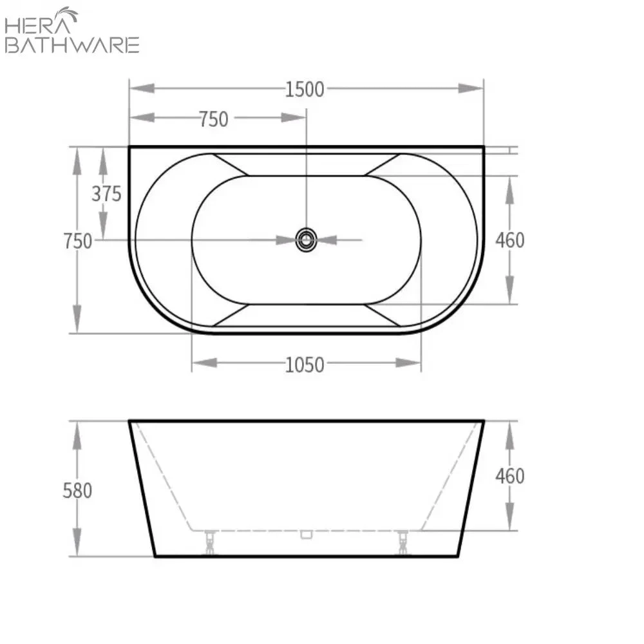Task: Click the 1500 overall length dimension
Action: point(305,89)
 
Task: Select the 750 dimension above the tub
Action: point(213,119)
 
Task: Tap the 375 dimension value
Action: point(106,193)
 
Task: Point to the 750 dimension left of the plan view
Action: point(77,241)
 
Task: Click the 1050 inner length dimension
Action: point(305,365)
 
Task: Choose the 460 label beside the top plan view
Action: point(509,240)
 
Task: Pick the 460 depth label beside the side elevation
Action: point(509,476)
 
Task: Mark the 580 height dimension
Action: point(77,491)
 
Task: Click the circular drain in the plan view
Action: point(307,240)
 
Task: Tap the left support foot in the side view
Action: point(209,542)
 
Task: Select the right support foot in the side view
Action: point(403,542)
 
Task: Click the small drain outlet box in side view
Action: point(307,534)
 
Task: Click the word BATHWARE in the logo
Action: point(71,45)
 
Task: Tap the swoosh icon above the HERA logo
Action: point(66,14)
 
